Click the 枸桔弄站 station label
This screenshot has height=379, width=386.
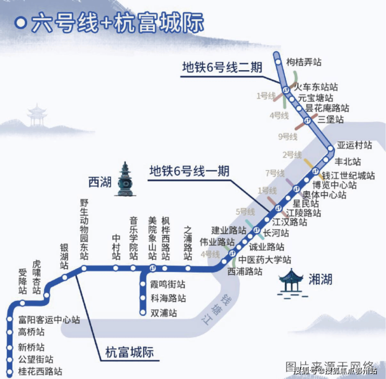[304, 62]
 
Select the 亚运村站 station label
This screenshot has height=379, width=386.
[355, 145]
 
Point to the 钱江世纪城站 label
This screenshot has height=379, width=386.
[348, 175]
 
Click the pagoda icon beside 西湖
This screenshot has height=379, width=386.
[125, 180]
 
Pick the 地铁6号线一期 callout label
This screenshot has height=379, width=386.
[189, 170]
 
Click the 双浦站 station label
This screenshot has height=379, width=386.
[164, 313]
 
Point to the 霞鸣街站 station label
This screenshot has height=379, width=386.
[168, 285]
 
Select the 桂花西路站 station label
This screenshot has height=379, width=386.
[40, 372]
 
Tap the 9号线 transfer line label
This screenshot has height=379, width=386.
[287, 137]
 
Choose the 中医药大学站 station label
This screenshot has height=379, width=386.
[265, 260]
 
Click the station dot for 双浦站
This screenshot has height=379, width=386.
[143, 313]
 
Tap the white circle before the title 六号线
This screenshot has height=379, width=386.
[21, 23]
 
